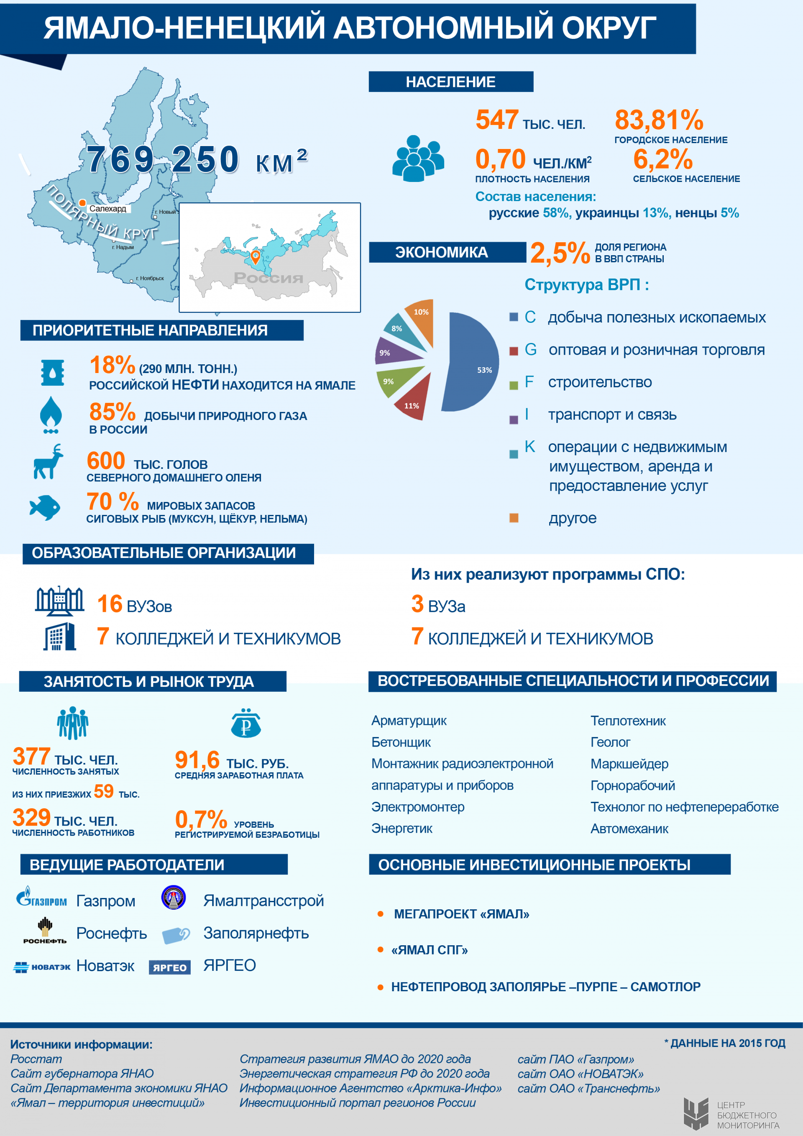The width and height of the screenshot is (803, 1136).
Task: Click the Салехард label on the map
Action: [x=107, y=208]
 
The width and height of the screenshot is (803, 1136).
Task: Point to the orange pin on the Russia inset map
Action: [x=255, y=257]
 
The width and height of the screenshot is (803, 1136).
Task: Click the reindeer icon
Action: [x=48, y=462]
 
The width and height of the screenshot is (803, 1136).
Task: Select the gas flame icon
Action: [x=51, y=414]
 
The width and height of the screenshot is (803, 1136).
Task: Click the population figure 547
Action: [x=497, y=120]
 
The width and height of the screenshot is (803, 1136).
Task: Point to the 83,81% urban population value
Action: [x=659, y=120]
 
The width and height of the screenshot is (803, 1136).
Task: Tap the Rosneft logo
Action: [x=44, y=931]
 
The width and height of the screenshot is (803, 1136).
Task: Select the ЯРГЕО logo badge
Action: [x=170, y=967]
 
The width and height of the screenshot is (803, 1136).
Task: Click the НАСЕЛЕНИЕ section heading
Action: [x=451, y=82]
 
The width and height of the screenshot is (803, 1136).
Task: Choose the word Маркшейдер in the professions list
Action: [x=629, y=763]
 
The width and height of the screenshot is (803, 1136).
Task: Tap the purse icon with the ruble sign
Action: [x=246, y=723]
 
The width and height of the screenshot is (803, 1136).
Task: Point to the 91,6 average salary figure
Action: [x=197, y=760]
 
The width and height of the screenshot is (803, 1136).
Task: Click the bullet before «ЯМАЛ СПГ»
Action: [x=381, y=949]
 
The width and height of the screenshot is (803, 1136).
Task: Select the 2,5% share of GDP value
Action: [x=560, y=253]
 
